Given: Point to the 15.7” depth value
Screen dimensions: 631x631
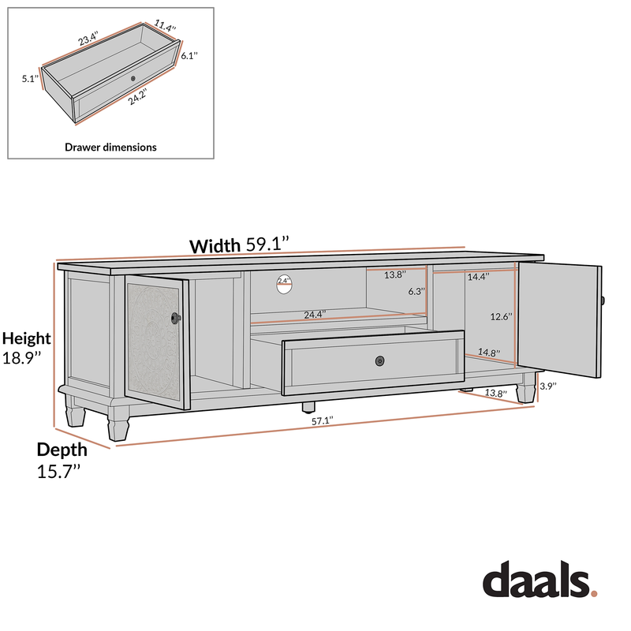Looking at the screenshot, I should (x=58, y=472).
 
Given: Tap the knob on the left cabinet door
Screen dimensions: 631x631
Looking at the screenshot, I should (x=174, y=317).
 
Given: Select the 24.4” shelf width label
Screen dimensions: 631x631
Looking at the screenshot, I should (x=315, y=315).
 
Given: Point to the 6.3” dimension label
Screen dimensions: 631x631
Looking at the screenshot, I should (x=416, y=291).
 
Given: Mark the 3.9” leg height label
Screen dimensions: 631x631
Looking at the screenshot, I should (x=547, y=386).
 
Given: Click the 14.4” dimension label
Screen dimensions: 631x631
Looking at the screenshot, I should (x=478, y=277).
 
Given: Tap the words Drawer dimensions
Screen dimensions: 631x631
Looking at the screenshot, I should (x=110, y=147).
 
